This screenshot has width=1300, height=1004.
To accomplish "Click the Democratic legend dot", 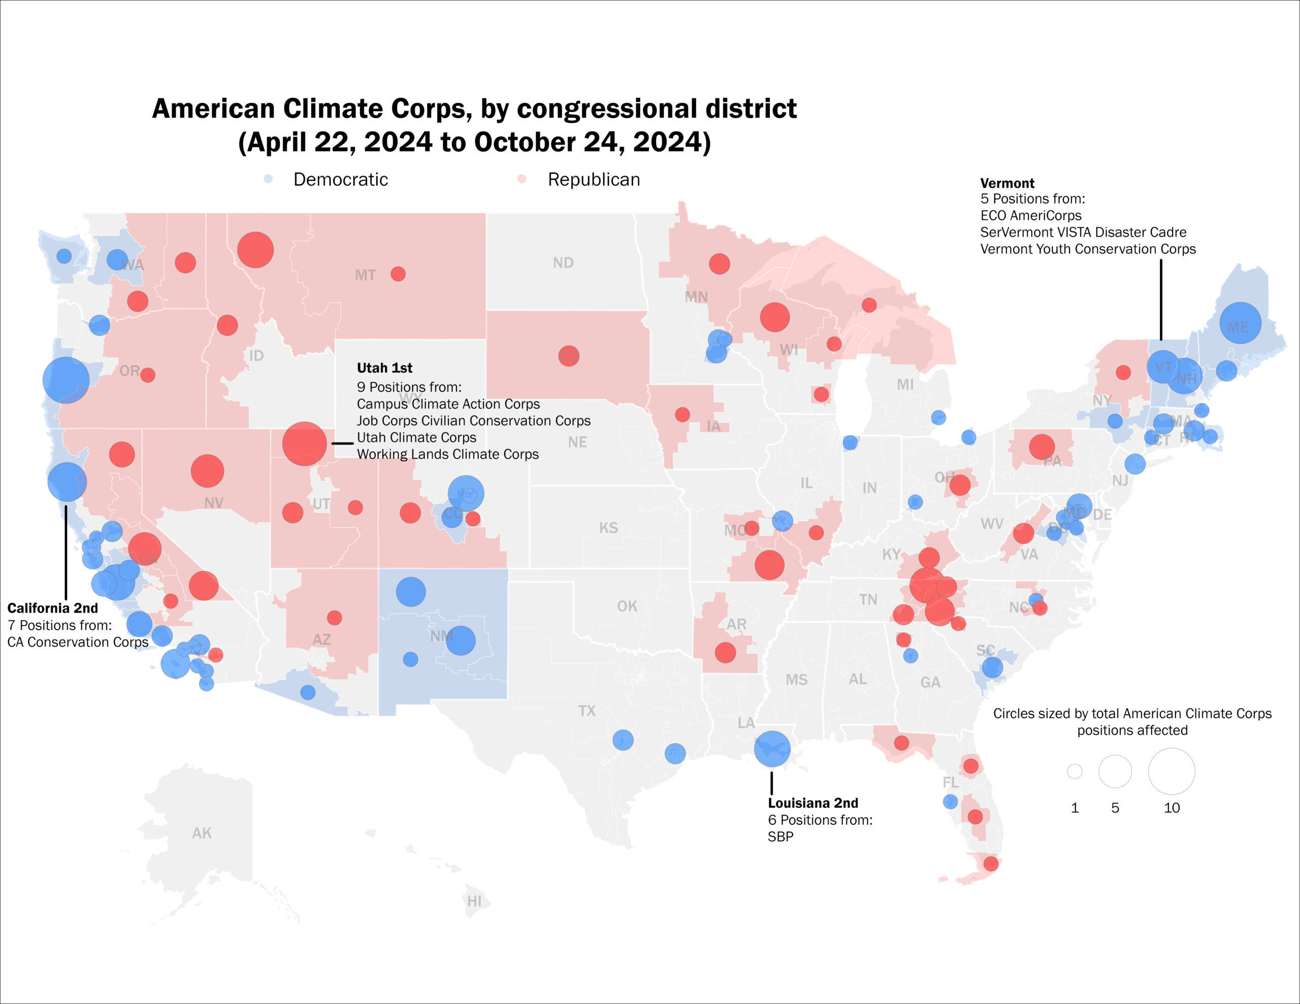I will pos(269,179).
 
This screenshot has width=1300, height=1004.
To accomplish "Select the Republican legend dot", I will pos(522,179).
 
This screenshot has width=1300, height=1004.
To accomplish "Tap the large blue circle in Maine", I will pos(1240,323).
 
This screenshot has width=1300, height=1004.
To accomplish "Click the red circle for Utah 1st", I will pos(304,444).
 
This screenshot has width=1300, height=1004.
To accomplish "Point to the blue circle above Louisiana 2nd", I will pos(772,749).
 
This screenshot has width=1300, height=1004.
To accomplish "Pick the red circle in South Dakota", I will pos(568,356).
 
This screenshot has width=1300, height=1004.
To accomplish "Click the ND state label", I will pos(563,262).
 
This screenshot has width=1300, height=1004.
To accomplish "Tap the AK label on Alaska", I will pos(202,833).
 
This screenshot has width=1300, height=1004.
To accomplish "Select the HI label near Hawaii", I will pos(474,901).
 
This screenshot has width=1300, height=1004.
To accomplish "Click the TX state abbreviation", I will pos(587,711).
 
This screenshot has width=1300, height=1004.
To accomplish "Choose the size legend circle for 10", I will pos(1172,772).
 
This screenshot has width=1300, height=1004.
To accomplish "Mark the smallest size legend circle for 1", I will pos(1075,772).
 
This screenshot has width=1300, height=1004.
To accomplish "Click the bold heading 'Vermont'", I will pos(1007,183).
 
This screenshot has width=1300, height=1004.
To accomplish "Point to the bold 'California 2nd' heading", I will pos(52,608).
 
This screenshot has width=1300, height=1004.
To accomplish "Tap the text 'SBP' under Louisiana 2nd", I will pos(781,837).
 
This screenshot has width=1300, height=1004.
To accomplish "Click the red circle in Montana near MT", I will pos(398,274).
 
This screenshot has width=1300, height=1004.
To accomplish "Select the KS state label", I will pos(608,528).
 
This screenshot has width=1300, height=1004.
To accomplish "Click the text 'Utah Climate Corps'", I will pos(417,438).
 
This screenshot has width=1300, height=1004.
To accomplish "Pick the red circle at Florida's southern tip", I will pos(990,863).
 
